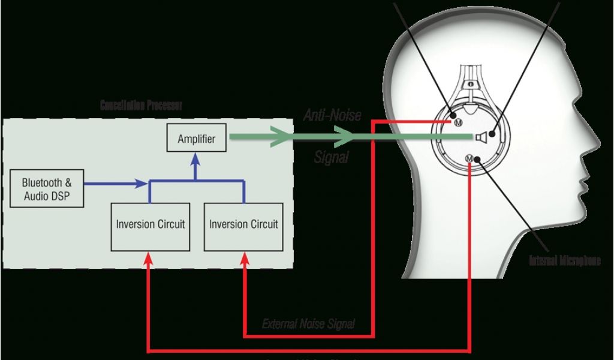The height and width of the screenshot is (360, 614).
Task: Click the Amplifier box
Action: coord(196,139)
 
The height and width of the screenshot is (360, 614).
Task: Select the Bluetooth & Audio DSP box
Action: coord(47,189)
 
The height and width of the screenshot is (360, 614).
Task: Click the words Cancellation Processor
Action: coord(141,106)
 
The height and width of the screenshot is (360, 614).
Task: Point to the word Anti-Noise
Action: coord(332,115)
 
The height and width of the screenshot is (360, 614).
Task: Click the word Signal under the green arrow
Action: coord(332,158)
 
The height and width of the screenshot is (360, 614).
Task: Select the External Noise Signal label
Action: coord(308,324)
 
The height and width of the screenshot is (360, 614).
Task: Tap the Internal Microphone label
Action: coord(564,260)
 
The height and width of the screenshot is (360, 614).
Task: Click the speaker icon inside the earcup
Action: coord(480,138)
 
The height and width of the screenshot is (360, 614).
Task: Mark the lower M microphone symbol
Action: coord(469,158)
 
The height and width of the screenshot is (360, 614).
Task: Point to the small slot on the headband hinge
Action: coord(471,83)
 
